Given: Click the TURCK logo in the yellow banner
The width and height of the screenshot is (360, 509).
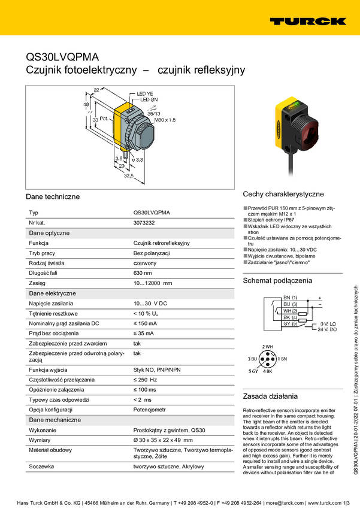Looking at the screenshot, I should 307,21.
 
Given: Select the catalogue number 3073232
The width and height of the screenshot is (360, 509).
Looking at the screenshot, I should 144,223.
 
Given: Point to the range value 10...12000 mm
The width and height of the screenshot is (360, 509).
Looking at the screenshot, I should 152,283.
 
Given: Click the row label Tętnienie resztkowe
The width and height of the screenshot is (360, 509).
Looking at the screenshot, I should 53,313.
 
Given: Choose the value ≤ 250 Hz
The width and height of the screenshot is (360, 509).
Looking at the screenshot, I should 144,380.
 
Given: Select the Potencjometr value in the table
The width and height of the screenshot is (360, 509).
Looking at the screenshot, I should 149,410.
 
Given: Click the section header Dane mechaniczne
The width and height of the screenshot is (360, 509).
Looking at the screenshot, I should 55,420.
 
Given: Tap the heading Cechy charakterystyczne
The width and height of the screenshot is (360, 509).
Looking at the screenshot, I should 283,194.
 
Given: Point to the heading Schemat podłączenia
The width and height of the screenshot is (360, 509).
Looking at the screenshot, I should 277,280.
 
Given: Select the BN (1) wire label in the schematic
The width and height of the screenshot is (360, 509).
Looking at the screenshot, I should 291,298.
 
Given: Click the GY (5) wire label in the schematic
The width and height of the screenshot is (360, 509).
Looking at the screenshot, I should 291,323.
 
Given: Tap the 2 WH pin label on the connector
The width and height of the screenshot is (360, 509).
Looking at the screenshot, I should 267,347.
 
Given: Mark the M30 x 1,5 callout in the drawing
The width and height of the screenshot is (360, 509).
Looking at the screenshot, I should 165,120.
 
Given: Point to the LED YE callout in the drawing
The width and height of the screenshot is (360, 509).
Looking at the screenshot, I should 145,94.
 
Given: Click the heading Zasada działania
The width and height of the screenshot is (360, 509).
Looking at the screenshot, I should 270,396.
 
